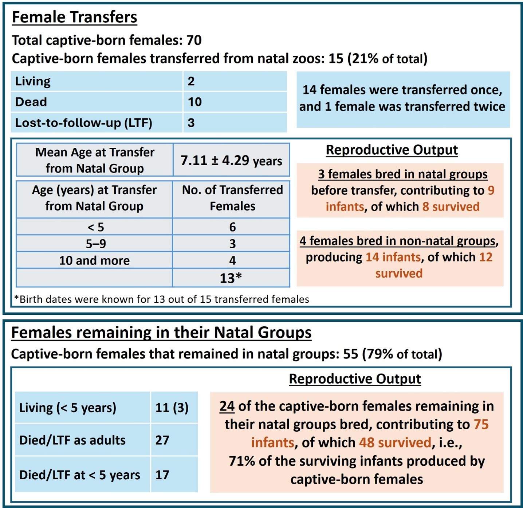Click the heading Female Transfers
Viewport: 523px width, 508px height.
(x=74, y=17)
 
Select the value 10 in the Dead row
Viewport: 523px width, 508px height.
(x=195, y=102)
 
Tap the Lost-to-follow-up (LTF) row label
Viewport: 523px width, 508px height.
(x=83, y=123)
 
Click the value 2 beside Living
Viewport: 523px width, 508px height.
(x=191, y=81)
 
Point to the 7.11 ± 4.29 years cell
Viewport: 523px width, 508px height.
(x=231, y=160)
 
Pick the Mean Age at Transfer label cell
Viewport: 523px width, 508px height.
(x=95, y=160)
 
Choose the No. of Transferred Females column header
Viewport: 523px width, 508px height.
(x=232, y=198)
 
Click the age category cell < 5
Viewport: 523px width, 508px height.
(x=95, y=227)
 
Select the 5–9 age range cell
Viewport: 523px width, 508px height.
(x=95, y=244)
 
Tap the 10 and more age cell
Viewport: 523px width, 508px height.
(x=94, y=260)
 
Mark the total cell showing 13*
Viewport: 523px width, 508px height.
(x=231, y=278)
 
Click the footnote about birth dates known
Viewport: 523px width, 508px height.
(x=161, y=299)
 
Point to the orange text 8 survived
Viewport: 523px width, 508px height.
(x=451, y=207)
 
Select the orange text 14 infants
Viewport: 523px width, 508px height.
(x=393, y=257)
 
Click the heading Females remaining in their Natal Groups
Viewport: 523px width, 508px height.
(x=161, y=333)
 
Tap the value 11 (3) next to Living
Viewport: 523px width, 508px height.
(x=172, y=407)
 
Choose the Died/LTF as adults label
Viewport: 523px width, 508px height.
(x=72, y=440)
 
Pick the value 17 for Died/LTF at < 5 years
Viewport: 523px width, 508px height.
(x=162, y=475)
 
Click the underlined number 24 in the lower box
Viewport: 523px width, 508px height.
(x=227, y=406)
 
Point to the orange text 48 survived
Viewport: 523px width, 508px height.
(x=395, y=443)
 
